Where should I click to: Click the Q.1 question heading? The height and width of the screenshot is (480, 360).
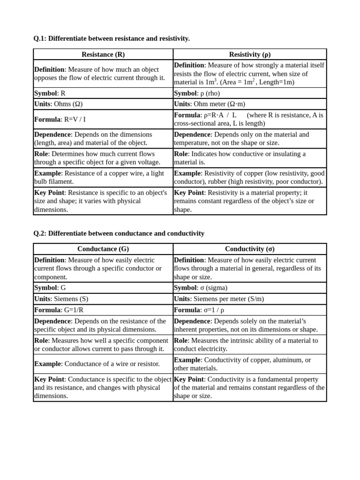pyautogui.click(x=112, y=38)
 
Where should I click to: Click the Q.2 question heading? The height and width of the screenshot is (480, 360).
pyautogui.click(x=119, y=233)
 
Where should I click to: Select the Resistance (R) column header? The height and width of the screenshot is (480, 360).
pyautogui.click(x=103, y=54)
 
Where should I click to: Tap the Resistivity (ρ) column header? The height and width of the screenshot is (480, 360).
pyautogui.click(x=249, y=54)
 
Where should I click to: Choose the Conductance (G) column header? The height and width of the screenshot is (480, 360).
pyautogui.click(x=103, y=249)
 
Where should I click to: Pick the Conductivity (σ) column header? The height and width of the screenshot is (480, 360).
pyautogui.click(x=249, y=249)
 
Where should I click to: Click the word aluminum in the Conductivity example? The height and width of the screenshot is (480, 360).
pyautogui.click(x=289, y=360)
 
